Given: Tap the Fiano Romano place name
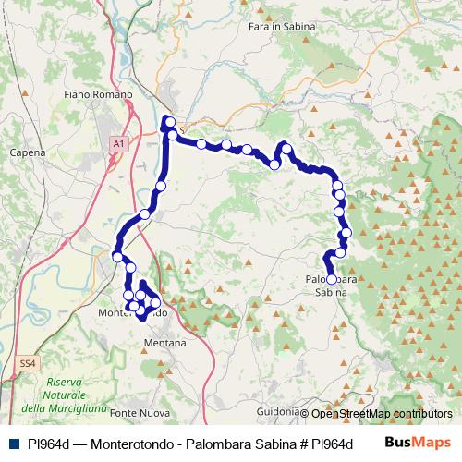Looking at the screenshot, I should point(99,94).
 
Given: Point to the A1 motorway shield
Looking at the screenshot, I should point(117,145).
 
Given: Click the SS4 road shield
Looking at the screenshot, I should point(29,364).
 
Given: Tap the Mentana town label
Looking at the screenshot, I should point(165,343).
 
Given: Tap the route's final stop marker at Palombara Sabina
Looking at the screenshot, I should point(332,279).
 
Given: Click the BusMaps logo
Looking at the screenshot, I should point(417,443).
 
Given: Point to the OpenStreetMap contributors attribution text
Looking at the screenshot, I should point(381,414).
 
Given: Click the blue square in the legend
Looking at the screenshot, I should point(13,444).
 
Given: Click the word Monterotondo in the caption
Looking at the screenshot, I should point(138,444).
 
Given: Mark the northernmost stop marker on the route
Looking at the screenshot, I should point(169,122).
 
